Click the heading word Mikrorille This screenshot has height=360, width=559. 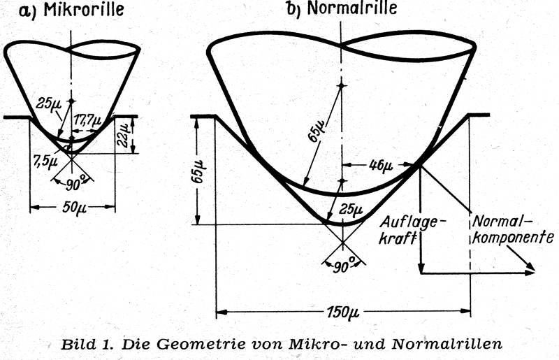click(84, 10)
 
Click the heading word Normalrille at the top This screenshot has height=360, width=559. click(352, 8)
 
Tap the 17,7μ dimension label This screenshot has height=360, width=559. click(88, 120)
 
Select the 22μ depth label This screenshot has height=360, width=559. click(124, 136)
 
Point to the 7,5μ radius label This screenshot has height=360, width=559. click(45, 160)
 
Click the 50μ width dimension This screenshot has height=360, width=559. click(74, 207)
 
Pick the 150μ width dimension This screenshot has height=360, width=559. click(343, 312)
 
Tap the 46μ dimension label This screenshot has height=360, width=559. click(381, 165)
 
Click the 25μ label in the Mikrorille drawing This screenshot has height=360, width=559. click(48, 103)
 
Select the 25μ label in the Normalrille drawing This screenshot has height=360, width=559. click(351, 209)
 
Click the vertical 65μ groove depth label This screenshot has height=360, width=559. click(197, 172)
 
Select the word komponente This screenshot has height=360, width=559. click(513, 237)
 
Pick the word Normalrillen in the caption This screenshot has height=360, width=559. click(447, 344)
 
